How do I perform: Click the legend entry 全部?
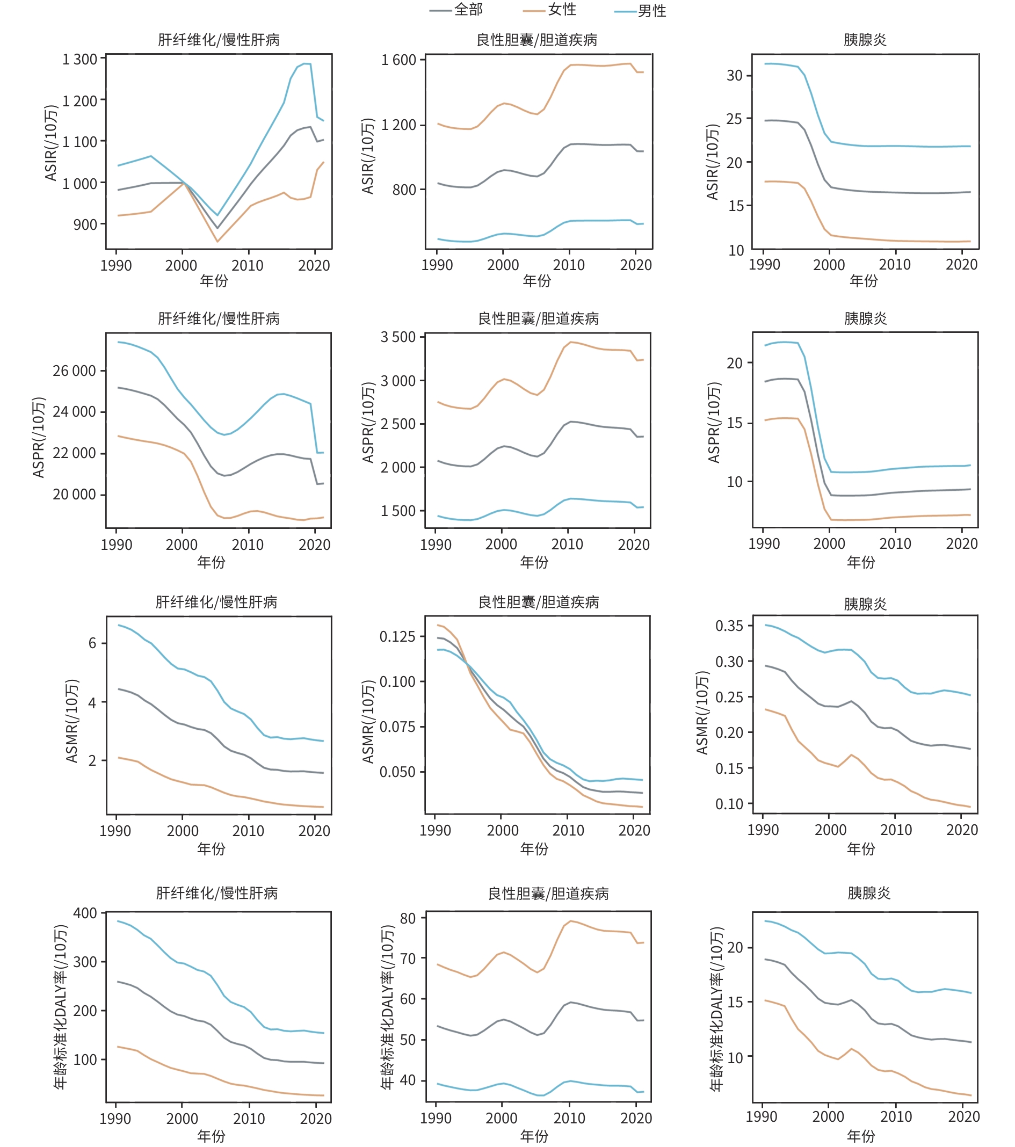coord(468,10)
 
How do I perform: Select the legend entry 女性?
coord(562,10)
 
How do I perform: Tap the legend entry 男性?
coord(652,11)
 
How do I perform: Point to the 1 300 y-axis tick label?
coord(79,59)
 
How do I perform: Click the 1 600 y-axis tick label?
coord(398,60)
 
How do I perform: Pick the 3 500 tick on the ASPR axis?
coord(398,337)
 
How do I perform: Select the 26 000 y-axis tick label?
coord(74,371)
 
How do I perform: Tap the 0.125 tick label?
coord(397,636)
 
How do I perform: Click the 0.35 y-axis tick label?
coord(729,626)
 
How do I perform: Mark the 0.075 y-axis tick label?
coord(397,727)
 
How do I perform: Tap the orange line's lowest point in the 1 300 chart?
coord(217,241)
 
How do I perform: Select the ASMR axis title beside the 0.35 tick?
coord(702,713)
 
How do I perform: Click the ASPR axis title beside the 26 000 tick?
coord(38,437)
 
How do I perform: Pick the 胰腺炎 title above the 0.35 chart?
coord(865,604)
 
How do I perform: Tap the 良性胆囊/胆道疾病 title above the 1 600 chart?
coord(536,40)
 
